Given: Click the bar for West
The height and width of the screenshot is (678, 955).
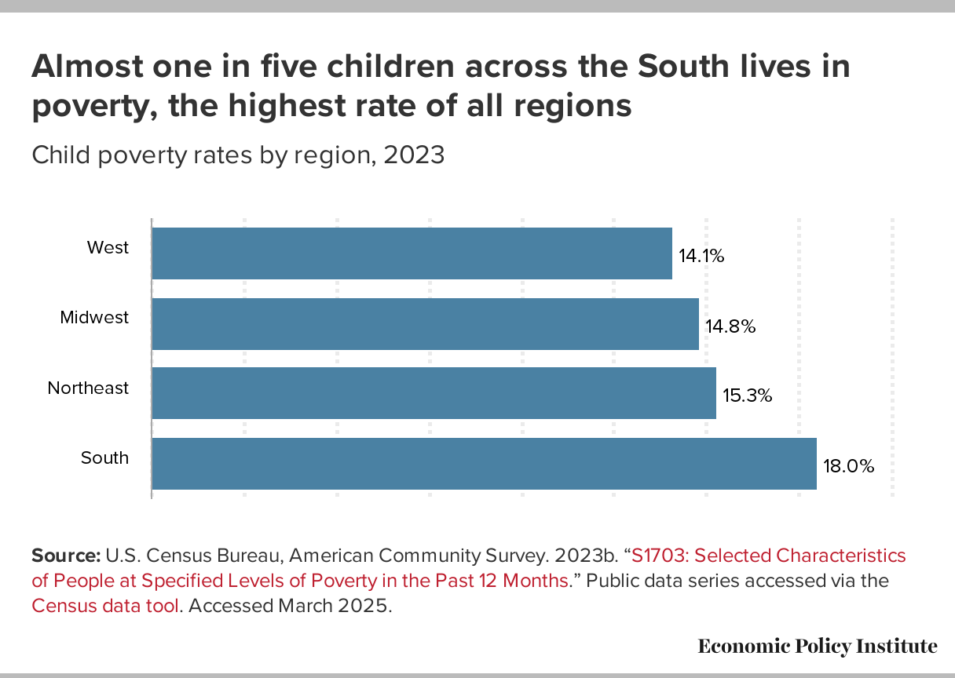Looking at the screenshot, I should point(412,253).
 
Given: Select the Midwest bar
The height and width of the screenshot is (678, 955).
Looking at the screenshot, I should point(425,323).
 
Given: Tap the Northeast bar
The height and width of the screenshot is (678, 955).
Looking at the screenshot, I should point(434,393).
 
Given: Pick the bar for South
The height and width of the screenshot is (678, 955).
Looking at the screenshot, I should point(484,464).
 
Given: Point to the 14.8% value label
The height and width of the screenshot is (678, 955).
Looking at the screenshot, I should point(730,326).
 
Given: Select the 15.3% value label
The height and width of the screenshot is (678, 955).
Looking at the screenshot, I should point(748,395).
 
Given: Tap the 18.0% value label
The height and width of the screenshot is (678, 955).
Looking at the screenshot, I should point(848,466).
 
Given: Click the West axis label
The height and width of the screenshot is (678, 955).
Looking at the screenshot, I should point(108,248).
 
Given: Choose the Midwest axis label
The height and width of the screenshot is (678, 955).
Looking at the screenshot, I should point(94,318).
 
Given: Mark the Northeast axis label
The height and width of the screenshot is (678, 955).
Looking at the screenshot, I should point(88,388).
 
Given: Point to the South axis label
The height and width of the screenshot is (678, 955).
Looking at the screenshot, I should point(104,457).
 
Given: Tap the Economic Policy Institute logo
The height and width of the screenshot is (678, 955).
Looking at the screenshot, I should point(817,646).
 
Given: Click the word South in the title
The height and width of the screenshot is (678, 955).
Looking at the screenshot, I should point(681,67).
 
